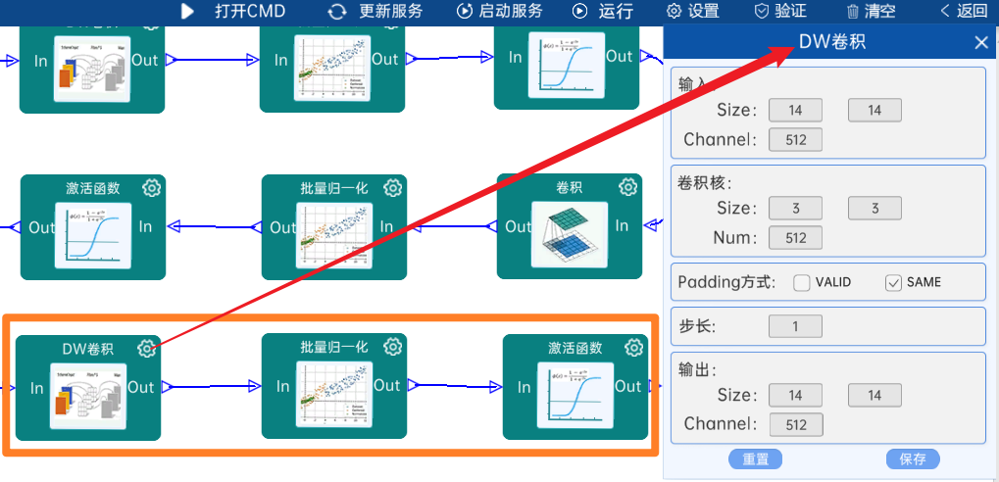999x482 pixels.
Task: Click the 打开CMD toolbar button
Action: point(233,12)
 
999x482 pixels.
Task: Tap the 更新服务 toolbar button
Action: point(376,12)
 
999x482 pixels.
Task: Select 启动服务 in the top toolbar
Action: point(500,12)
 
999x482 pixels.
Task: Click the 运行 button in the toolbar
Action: point(604,12)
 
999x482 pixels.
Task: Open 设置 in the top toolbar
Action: point(693,12)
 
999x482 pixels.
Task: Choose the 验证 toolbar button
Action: point(780,12)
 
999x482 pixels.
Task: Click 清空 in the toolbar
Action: point(871,12)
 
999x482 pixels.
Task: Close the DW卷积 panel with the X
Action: point(981,42)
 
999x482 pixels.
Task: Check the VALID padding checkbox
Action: point(802,283)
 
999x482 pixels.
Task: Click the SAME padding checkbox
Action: point(893,283)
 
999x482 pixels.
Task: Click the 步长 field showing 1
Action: point(795,326)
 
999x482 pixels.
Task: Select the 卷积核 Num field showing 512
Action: point(795,237)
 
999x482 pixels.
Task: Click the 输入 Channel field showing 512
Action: point(795,140)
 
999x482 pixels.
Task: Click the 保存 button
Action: point(913,459)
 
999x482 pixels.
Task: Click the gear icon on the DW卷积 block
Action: point(146,348)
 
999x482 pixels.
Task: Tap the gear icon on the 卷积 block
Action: point(627,187)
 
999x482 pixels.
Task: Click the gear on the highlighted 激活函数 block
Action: point(633,348)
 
